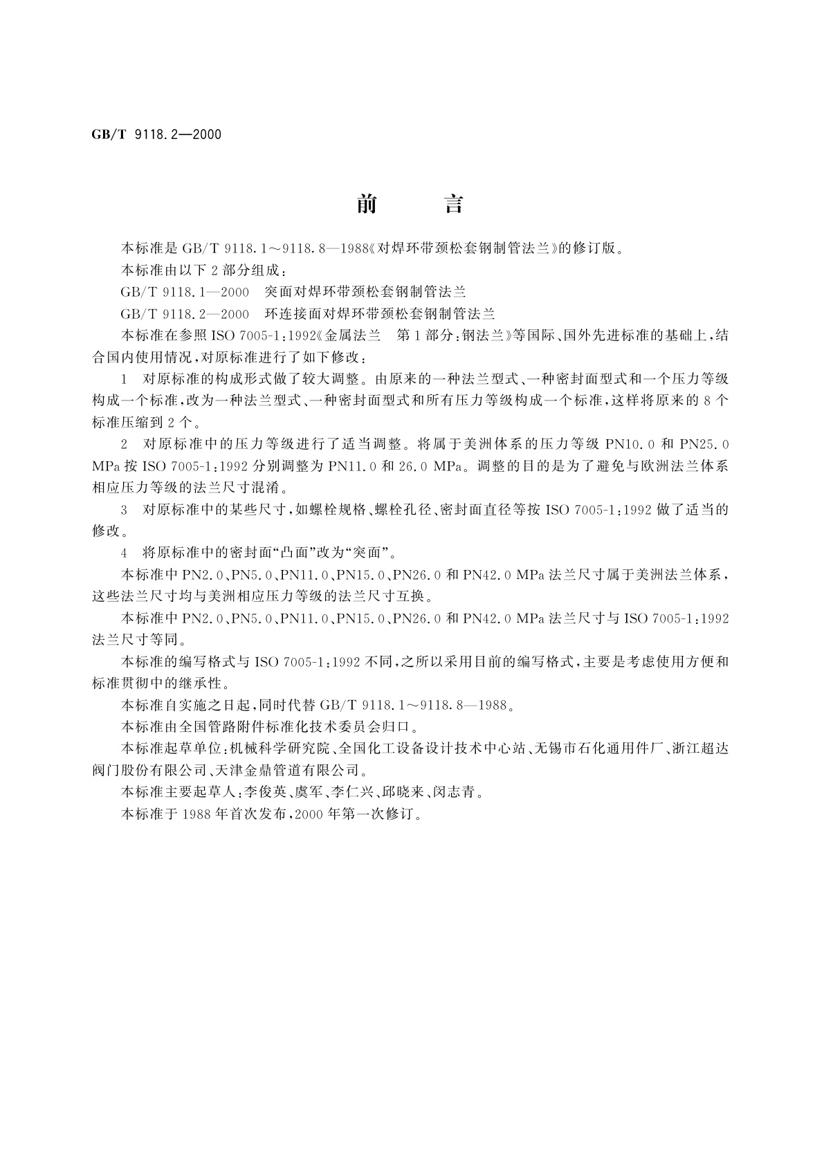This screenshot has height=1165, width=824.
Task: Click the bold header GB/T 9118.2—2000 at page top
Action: (x=156, y=135)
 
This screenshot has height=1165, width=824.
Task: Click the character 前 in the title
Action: (x=367, y=204)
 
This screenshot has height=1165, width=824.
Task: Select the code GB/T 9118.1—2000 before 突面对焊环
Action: (x=185, y=292)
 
